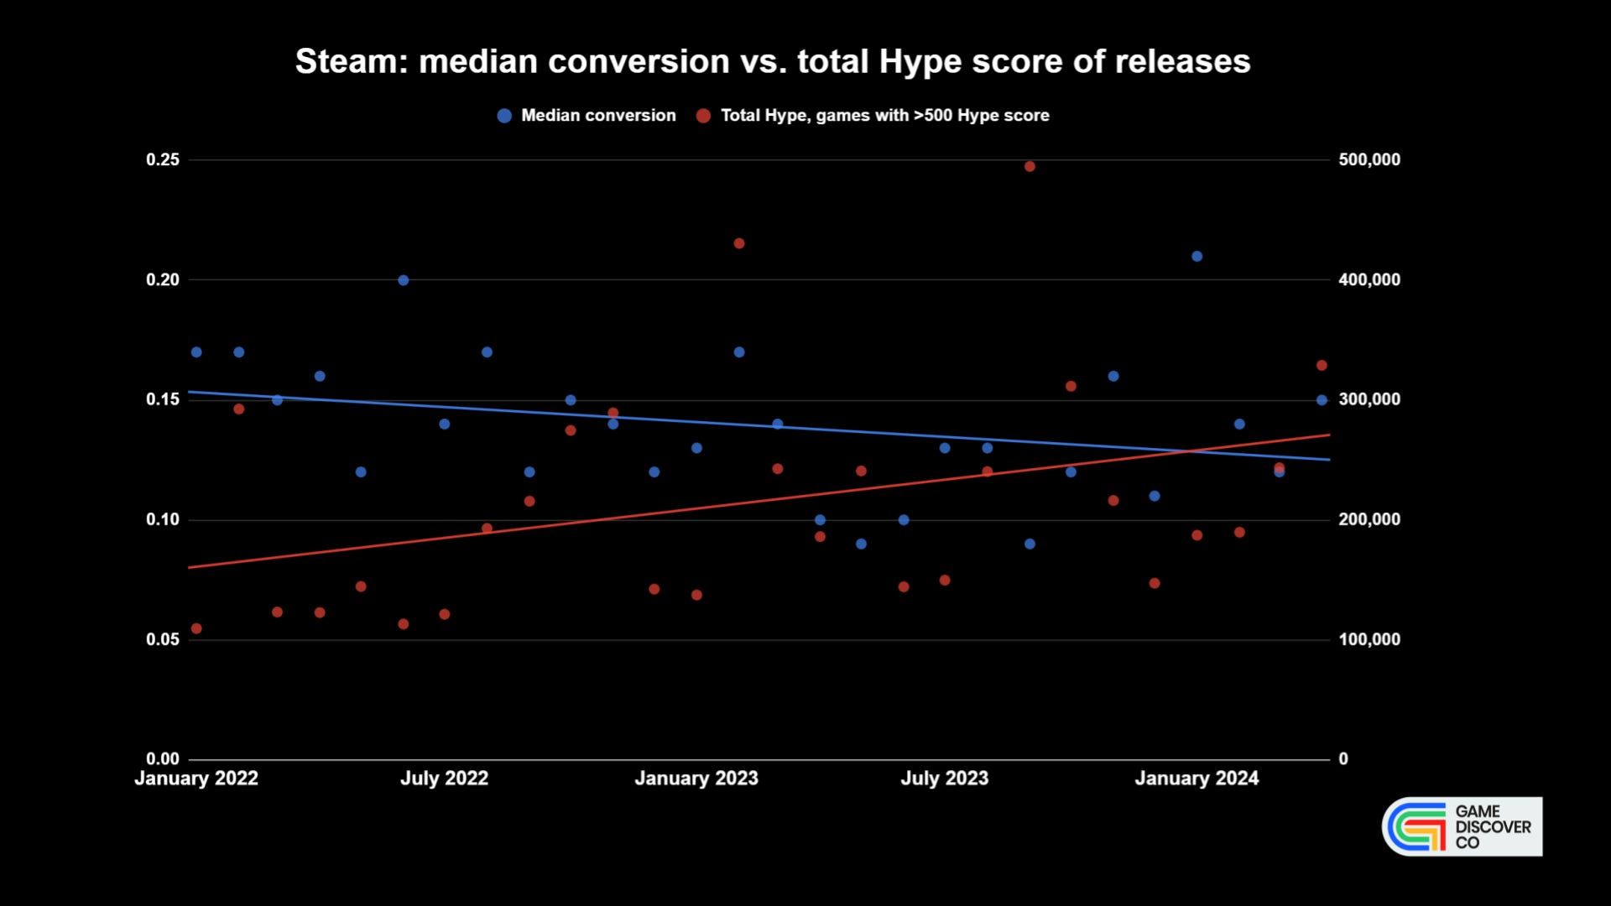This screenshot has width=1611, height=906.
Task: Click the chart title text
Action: click(x=772, y=62)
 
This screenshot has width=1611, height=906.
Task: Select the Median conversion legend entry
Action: click(x=587, y=116)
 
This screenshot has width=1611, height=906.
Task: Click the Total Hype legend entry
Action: click(x=873, y=116)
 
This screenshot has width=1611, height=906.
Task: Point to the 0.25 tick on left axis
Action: click(x=163, y=159)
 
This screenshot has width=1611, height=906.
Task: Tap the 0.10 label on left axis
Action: click(x=163, y=519)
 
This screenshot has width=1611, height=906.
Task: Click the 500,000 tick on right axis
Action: click(x=1369, y=159)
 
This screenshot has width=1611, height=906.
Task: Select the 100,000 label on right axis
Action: click(x=1369, y=639)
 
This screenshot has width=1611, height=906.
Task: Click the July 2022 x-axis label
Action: click(x=444, y=778)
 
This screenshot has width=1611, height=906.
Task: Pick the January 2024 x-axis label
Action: click(x=1197, y=778)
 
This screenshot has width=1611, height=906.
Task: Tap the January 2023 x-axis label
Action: click(x=696, y=778)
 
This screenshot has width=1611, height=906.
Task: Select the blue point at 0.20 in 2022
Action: click(x=403, y=280)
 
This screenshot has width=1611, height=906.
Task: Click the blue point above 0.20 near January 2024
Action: click(x=1197, y=257)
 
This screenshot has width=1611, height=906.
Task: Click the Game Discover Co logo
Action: click(x=1462, y=826)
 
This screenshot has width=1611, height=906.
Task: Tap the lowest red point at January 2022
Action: click(x=196, y=628)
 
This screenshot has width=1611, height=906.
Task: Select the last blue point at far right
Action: click(x=1322, y=400)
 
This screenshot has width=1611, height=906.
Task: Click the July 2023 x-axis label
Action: click(x=944, y=778)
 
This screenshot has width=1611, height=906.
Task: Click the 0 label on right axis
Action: click(x=1343, y=759)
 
